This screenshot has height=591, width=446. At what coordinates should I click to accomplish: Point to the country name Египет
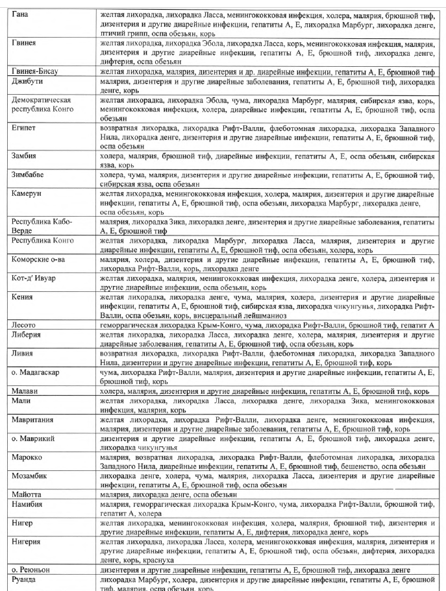(23, 128)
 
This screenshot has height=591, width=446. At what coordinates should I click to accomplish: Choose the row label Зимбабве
(28, 175)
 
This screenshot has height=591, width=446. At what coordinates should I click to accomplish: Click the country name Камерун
(27, 194)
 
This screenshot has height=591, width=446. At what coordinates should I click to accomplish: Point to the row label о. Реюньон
(31, 570)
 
